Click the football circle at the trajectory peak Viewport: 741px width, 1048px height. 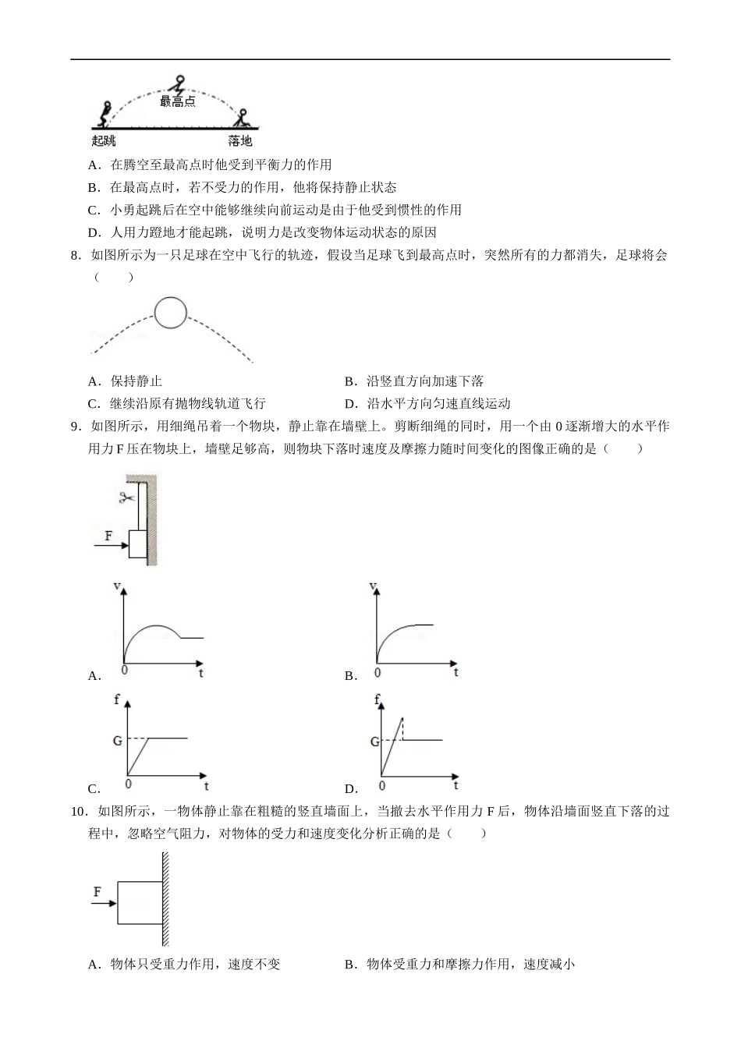[x=171, y=313]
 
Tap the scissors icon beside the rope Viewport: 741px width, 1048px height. [x=126, y=497]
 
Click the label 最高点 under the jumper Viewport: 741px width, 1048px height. [x=178, y=102]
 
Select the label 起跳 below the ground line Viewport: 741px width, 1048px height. [x=104, y=141]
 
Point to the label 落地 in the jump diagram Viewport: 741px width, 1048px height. [x=240, y=141]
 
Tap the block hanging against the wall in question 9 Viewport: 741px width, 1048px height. [x=138, y=543]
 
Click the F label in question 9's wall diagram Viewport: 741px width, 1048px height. [x=108, y=536]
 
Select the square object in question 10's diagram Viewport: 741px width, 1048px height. [x=140, y=903]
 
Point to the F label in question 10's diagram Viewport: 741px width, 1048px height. [x=97, y=892]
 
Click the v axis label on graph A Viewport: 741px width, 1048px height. [x=117, y=586]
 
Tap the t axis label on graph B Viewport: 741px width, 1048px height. [x=456, y=672]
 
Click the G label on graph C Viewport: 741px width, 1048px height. [x=118, y=739]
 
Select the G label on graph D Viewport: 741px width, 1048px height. [x=374, y=742]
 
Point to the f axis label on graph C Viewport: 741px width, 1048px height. [x=117, y=699]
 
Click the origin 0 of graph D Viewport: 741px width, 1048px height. [x=382, y=785]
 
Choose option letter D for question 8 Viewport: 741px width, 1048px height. [x=350, y=404]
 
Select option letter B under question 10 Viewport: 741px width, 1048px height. [x=350, y=965]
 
